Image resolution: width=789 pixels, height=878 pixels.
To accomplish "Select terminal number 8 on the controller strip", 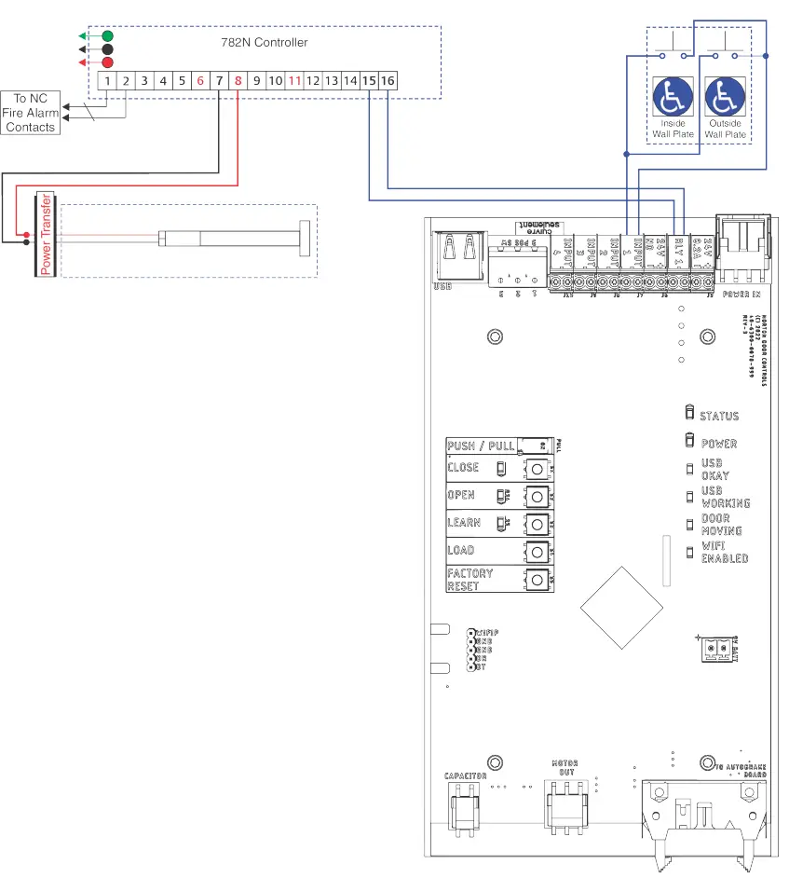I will coord(238,81).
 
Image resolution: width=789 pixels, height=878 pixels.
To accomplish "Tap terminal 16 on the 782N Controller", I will coord(388,81).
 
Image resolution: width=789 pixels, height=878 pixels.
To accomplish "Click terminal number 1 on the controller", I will coord(108,81).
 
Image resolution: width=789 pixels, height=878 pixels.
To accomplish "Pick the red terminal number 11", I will coord(294,81).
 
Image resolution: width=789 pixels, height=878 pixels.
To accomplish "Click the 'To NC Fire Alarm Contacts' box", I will coord(30,113).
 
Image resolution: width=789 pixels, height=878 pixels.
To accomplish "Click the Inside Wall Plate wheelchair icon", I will coord(673,97).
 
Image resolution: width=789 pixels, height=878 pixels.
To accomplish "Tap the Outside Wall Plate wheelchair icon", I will coord(725,97).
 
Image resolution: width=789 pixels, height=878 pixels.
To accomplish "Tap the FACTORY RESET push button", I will coord(537,580).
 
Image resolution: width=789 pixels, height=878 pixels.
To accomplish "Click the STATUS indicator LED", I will coord(689,414).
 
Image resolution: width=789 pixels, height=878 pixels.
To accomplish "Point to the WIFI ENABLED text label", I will coord(725,552).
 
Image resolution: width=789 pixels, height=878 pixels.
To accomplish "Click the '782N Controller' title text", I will coord(269,43).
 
